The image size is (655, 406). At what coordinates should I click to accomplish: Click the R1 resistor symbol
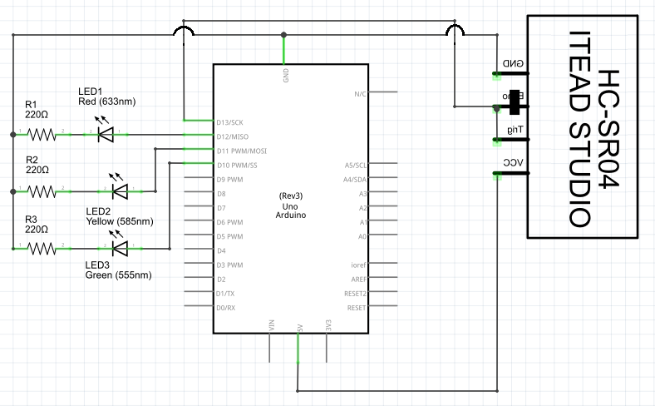[42, 133]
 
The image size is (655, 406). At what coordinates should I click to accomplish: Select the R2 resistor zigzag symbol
[42, 191]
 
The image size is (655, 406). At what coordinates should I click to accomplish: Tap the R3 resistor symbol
[42, 247]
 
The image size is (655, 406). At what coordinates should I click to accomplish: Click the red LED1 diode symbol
[105, 132]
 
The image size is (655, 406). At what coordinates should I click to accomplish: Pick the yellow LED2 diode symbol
[120, 191]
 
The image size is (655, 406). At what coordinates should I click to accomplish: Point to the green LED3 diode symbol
[120, 247]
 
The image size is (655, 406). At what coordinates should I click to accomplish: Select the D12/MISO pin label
[234, 136]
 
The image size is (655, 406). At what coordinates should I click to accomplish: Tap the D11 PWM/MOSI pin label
[242, 151]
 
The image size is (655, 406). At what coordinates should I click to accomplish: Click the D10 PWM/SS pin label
[237, 165]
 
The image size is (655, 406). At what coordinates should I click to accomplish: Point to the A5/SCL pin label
[356, 165]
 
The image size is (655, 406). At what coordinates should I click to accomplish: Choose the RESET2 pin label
[356, 294]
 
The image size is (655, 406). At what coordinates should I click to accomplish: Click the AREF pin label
[358, 280]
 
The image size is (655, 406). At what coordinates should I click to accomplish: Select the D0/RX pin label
[225, 308]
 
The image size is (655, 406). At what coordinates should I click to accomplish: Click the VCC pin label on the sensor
[513, 162]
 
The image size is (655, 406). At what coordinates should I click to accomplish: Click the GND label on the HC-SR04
[513, 64]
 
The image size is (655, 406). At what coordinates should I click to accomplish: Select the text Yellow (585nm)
[120, 222]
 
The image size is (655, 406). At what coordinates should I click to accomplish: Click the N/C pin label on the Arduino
[360, 94]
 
